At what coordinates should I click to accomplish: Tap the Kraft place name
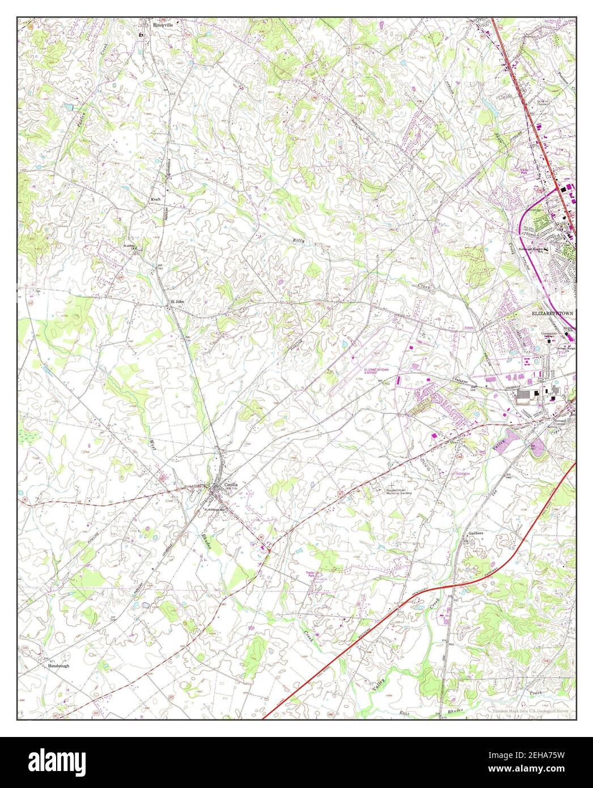[x=156, y=200]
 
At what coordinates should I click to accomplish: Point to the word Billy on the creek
[x=299, y=241]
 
